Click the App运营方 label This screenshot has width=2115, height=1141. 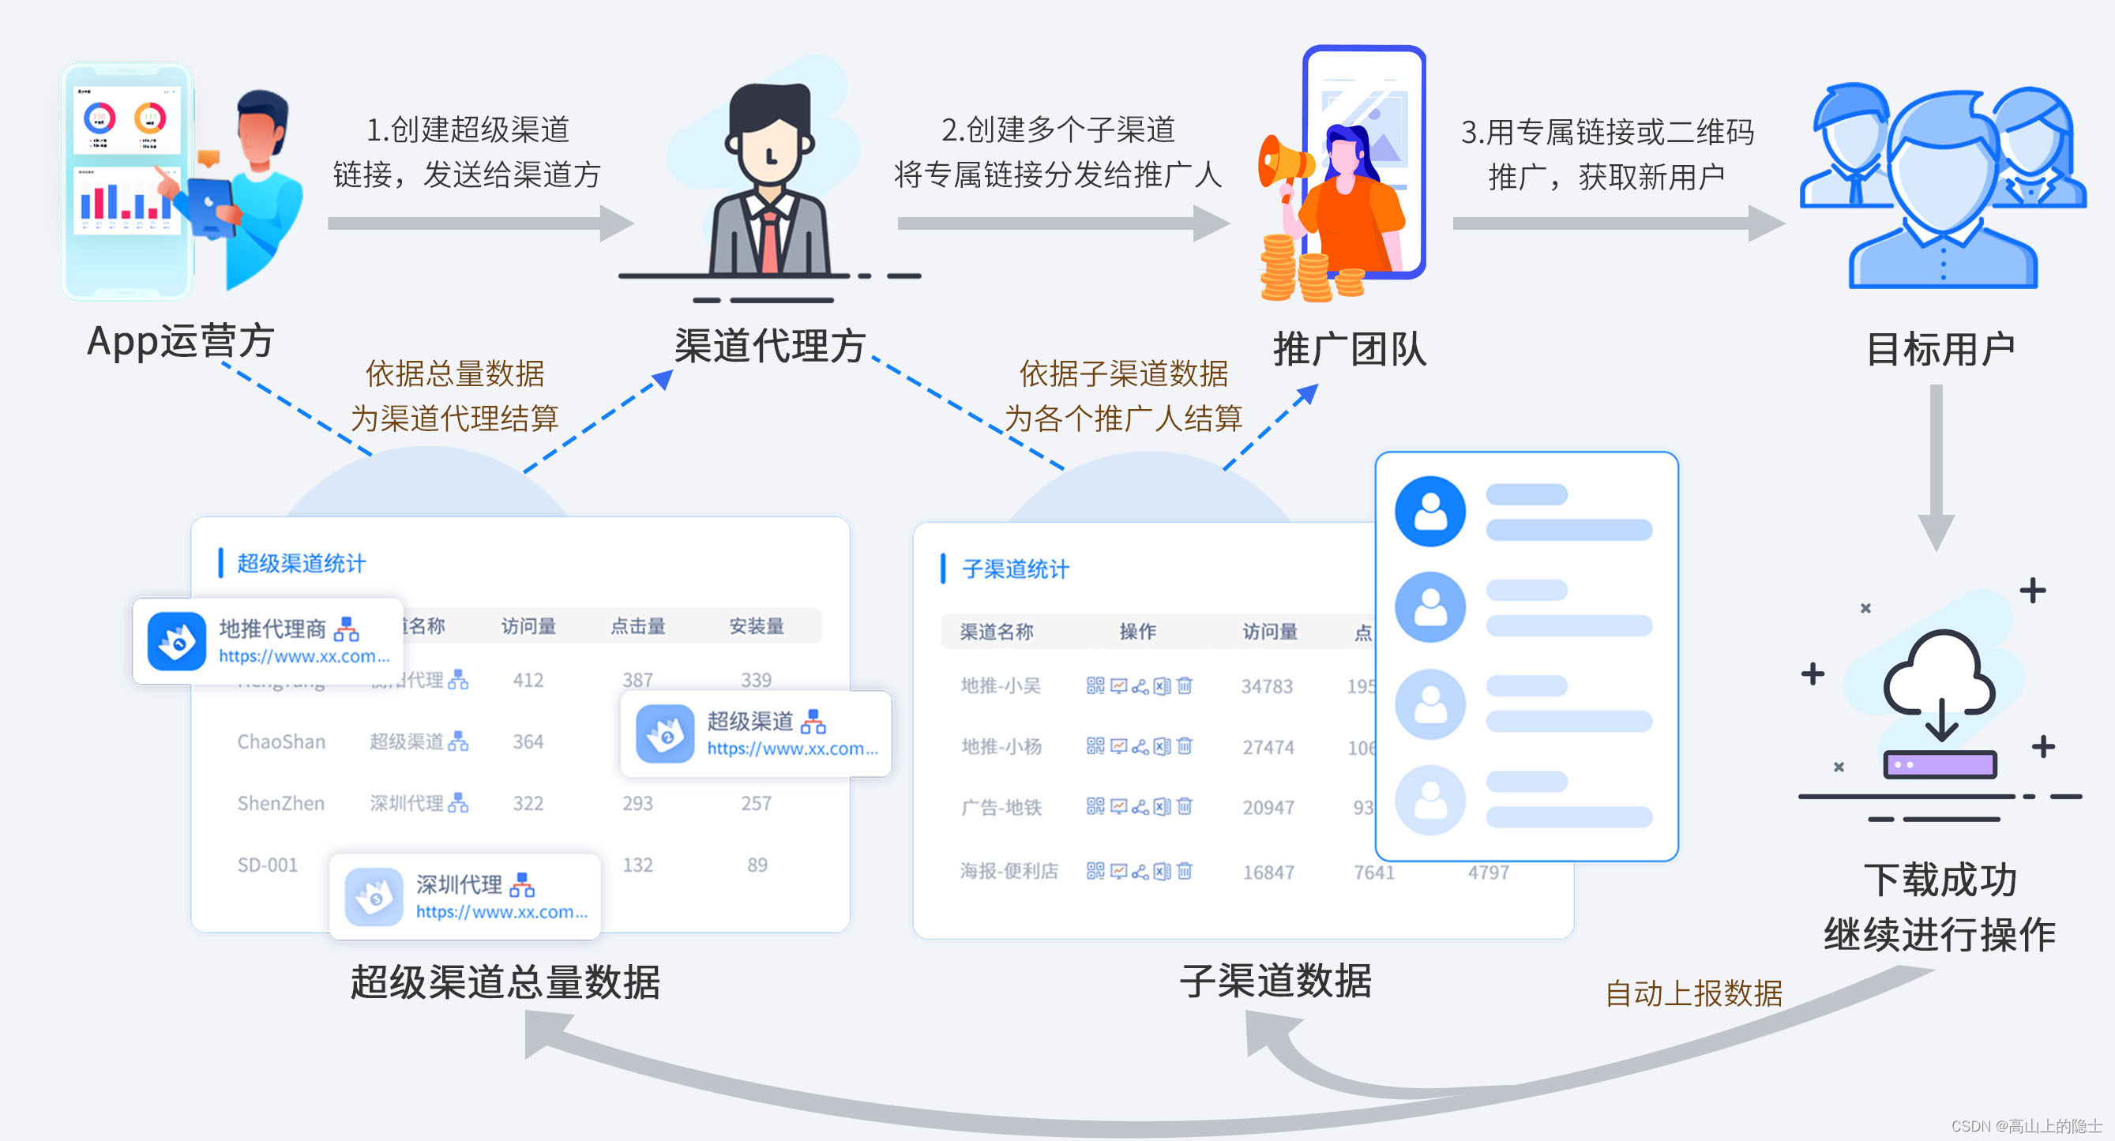(181, 340)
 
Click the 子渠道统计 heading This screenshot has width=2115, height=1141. (1015, 569)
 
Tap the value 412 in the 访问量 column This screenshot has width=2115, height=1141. (528, 680)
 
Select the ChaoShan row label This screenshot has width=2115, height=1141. (281, 741)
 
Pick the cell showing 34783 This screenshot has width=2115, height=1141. (1267, 686)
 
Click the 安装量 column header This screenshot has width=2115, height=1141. (756, 626)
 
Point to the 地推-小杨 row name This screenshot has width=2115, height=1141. (1001, 746)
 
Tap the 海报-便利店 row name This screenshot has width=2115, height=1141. (1009, 871)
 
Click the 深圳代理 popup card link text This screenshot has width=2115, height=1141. (502, 912)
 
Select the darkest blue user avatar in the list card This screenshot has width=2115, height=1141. (1430, 512)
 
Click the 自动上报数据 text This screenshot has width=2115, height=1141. (1693, 993)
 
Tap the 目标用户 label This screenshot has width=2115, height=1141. (1940, 350)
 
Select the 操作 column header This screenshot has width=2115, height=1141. (1137, 631)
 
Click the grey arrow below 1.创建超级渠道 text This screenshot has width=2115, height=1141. (480, 223)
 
